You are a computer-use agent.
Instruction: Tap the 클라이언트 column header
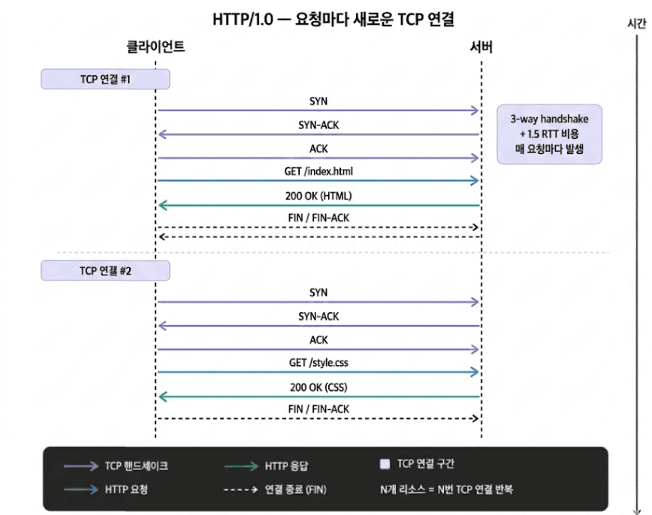point(155,47)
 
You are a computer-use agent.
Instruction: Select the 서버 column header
point(481,47)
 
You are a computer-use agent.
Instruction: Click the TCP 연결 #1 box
point(106,79)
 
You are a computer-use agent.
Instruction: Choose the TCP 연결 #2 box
point(106,270)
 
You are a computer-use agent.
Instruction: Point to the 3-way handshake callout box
point(549,134)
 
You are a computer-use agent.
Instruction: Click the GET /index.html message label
point(318,171)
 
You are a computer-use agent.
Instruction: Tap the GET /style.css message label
point(318,363)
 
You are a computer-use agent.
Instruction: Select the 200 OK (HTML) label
point(318,196)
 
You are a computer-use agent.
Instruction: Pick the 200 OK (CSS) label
point(318,387)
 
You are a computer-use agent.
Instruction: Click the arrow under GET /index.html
point(318,181)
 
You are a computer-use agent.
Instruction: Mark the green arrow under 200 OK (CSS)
point(318,396)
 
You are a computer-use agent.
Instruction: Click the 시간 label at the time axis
point(636,23)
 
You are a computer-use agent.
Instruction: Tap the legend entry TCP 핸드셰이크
point(136,466)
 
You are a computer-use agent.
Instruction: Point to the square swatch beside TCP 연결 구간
point(385,465)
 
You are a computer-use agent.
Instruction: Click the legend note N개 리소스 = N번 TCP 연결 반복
point(447,489)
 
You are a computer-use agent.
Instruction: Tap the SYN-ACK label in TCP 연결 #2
point(318,316)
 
